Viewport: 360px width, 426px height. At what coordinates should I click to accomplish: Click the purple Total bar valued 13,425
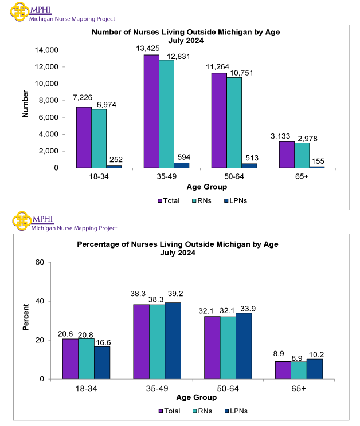click(x=151, y=111)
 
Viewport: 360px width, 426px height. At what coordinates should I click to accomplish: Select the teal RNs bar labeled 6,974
click(x=99, y=138)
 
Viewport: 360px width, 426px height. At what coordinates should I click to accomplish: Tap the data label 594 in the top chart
click(x=182, y=157)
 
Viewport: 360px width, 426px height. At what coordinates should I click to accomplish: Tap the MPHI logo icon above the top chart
click(x=20, y=11)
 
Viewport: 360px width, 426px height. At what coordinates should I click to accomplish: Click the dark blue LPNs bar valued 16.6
click(x=102, y=362)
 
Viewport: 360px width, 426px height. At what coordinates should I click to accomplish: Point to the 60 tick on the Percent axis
click(x=40, y=262)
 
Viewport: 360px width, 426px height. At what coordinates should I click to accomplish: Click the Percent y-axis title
click(x=25, y=320)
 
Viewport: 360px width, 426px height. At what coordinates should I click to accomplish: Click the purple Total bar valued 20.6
click(x=71, y=359)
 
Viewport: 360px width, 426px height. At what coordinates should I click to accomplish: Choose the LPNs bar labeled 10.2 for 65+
click(x=315, y=369)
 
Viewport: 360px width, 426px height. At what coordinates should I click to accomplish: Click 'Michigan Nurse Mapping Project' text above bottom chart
click(x=74, y=228)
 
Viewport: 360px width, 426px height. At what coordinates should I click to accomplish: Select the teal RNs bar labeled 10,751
click(x=234, y=123)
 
